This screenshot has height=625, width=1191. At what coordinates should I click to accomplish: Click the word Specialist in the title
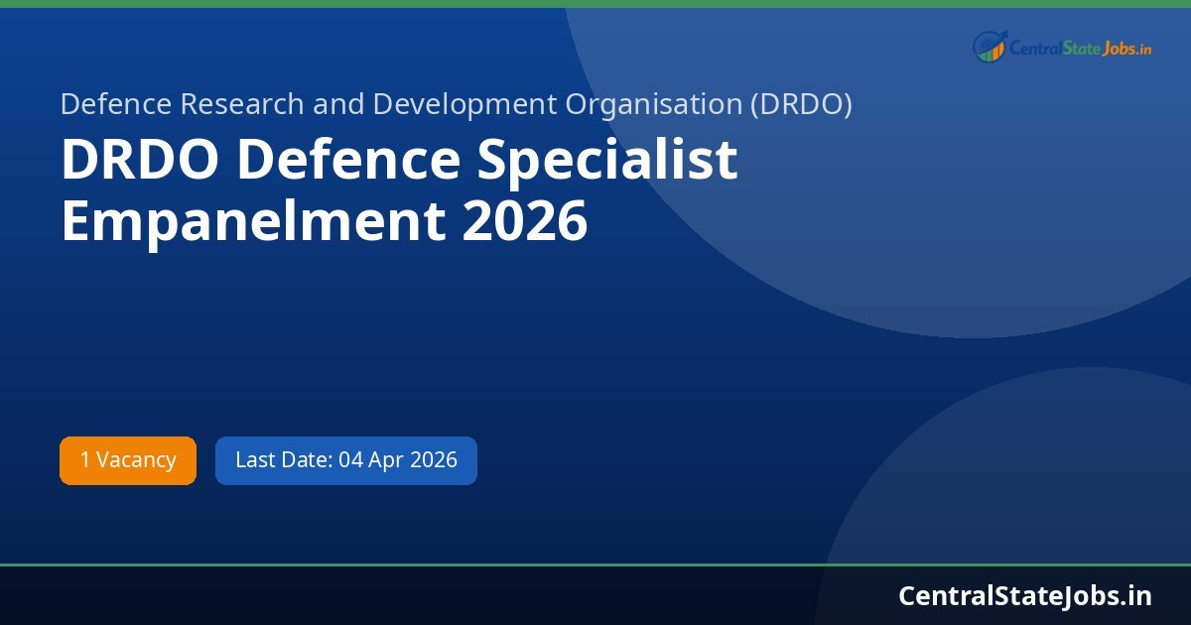607,161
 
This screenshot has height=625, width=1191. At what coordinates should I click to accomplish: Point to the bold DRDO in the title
140,161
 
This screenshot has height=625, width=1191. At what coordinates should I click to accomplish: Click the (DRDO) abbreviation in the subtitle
801,104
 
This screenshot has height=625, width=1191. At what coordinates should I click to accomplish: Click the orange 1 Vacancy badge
128,460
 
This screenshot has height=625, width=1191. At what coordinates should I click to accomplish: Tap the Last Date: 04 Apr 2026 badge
346,460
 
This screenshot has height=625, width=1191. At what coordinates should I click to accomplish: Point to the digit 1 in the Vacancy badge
85,460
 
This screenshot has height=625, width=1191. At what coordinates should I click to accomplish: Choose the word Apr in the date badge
392,460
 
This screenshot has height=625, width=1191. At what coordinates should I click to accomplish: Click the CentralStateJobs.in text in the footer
1025,595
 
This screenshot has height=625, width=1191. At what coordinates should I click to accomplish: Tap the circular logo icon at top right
990,46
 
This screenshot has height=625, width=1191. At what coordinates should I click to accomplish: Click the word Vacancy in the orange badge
136,460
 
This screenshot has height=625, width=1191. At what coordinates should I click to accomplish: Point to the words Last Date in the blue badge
282,460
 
